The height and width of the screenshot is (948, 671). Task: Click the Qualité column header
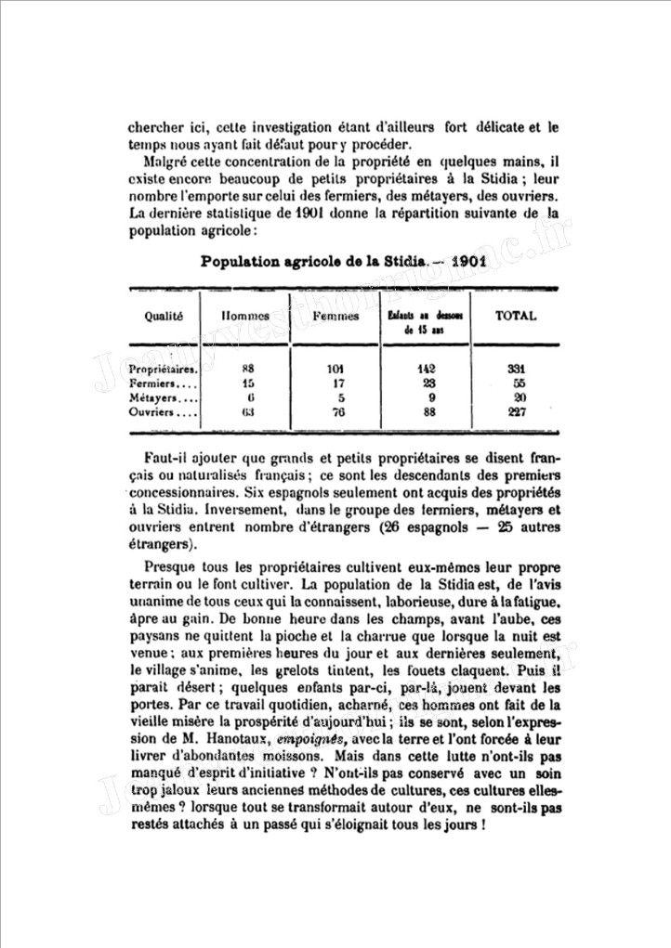point(164,316)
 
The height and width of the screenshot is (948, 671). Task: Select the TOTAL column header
point(516,316)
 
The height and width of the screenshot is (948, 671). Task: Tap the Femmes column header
point(337,317)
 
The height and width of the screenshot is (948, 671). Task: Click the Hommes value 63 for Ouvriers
point(247,412)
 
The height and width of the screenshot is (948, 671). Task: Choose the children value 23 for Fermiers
point(428,383)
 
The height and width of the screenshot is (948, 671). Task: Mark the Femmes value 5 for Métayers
point(338,397)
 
